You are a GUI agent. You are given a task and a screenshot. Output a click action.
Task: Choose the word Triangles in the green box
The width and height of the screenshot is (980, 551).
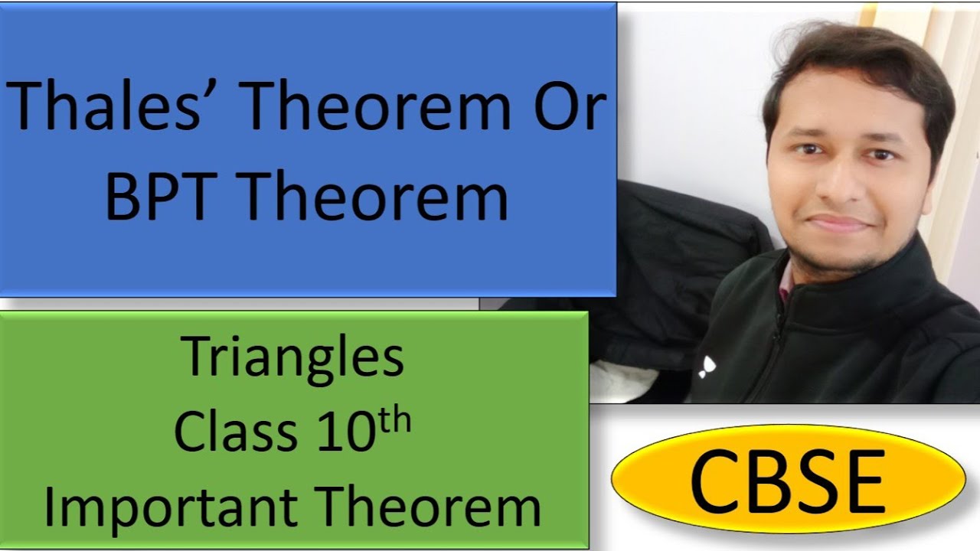pos(293,358)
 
